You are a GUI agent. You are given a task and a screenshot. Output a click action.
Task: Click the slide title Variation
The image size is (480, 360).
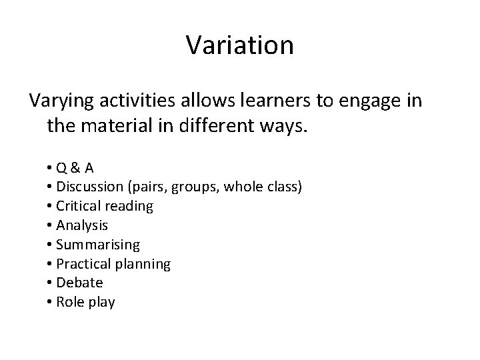pyautogui.click(x=239, y=45)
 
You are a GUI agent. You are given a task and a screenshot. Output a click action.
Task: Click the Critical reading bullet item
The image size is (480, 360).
pyautogui.click(x=105, y=207)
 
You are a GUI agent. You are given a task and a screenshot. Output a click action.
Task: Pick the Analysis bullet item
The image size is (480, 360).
pyautogui.click(x=83, y=225)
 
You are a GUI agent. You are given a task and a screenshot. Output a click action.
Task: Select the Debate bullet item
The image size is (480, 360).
pyautogui.click(x=80, y=283)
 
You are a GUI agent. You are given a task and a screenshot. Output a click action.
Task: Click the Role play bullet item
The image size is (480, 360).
pyautogui.click(x=85, y=302)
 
